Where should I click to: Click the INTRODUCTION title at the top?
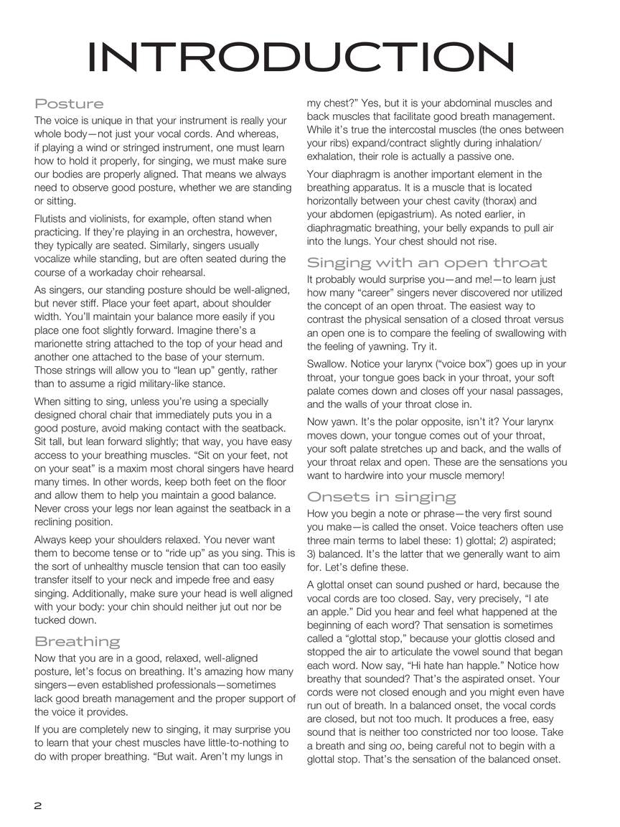pos(301,57)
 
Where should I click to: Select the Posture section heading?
pos(69,104)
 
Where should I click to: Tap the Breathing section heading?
pos(77,641)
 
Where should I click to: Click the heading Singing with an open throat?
pos(427,262)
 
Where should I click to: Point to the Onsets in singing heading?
pos(381,497)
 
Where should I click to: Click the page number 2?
pos(38,805)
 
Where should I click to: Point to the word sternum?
pos(244,358)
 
